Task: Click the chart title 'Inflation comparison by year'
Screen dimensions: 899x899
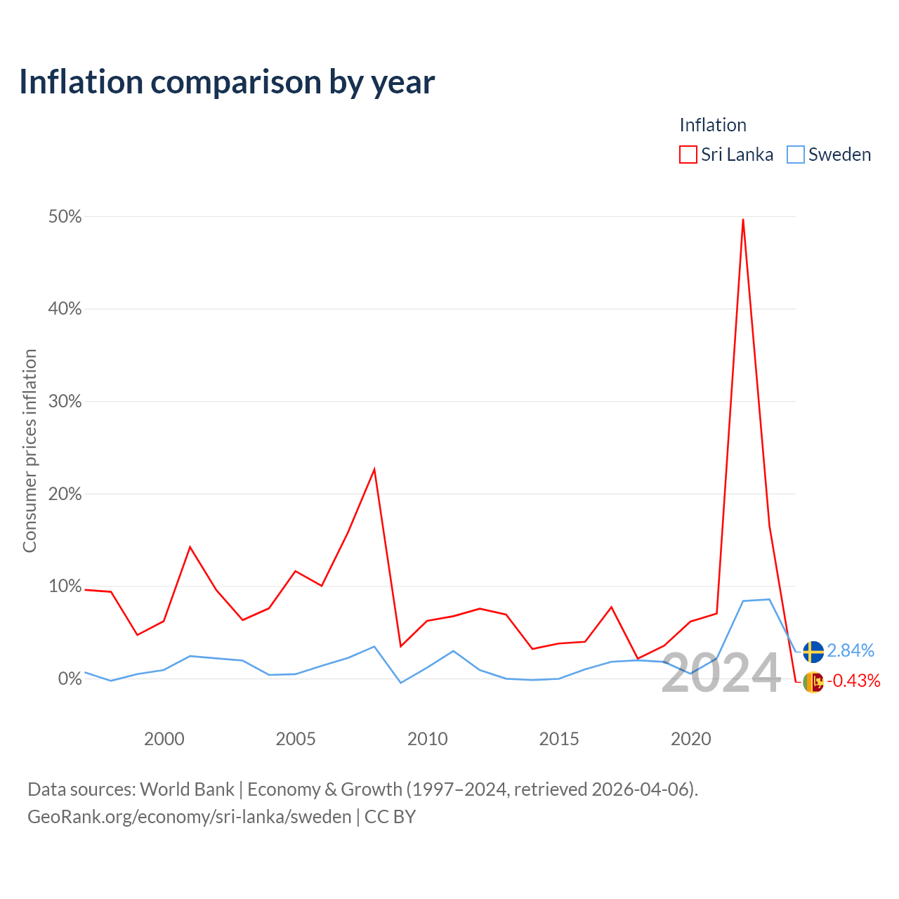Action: tap(227, 83)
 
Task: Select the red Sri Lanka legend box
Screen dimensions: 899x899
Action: tap(688, 155)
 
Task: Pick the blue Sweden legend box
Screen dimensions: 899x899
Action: tap(795, 155)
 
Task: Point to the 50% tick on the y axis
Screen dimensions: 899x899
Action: tap(65, 216)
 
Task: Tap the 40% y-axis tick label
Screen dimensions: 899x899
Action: tap(65, 309)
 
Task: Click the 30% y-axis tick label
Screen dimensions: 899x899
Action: tap(65, 401)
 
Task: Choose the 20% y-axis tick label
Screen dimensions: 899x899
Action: tap(65, 494)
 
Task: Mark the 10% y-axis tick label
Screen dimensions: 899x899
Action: tap(65, 586)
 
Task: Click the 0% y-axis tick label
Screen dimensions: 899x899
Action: tap(70, 678)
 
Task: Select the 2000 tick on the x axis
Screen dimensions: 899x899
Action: tap(164, 739)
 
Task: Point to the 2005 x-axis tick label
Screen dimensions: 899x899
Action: tap(296, 739)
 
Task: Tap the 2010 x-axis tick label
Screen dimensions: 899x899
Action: tap(427, 739)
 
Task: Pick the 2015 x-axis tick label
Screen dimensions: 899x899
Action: tap(559, 739)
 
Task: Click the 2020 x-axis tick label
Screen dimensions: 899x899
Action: tap(691, 739)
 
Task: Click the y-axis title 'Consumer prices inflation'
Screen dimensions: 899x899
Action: tap(29, 451)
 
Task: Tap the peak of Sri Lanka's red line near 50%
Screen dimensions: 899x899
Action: tap(742, 219)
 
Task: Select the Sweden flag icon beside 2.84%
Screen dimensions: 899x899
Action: tap(813, 652)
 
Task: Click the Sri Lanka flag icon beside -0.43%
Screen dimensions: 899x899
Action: tap(813, 682)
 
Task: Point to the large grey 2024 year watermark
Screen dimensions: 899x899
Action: tap(721, 673)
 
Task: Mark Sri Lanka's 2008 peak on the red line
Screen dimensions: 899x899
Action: tap(374, 469)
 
